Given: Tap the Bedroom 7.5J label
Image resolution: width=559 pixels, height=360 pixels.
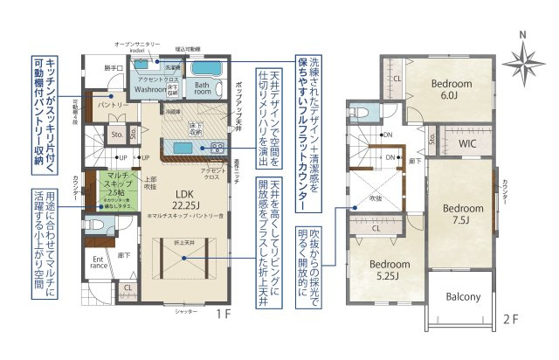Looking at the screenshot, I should point(461,215).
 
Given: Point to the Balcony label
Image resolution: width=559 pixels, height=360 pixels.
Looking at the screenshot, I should point(463,297).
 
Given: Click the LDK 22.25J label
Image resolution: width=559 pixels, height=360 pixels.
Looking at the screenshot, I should point(184,199).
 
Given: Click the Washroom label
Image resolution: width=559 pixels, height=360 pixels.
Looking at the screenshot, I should point(150,89).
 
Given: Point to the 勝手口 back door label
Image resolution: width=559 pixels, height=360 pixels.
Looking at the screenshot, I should point(111,67).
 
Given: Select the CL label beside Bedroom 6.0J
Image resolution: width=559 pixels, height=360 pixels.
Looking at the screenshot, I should point(397,80).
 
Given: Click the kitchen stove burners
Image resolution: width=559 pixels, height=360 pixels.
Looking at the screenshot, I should point(217,146).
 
